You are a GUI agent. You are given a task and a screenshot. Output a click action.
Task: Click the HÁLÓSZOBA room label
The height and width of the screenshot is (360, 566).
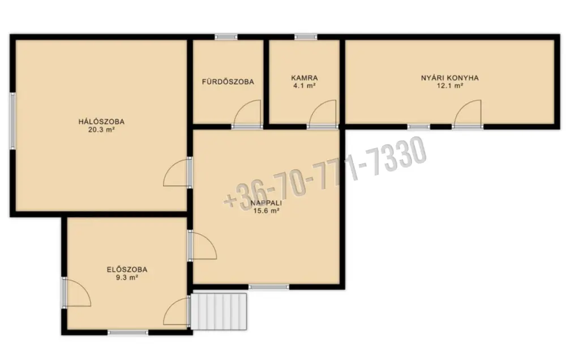101,122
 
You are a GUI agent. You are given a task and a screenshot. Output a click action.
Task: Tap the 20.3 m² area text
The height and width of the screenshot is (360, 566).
101,130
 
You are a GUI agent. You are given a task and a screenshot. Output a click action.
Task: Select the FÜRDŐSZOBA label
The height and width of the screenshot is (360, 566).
228,82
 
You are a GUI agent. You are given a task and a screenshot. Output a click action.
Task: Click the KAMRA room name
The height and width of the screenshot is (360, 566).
305,78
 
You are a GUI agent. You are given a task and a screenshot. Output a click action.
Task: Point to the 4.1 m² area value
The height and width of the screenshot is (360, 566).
305,85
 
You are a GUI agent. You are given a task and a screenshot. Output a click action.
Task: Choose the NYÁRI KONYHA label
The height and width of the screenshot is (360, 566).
450,78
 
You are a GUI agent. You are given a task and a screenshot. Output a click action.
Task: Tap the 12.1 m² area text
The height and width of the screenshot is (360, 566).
450,85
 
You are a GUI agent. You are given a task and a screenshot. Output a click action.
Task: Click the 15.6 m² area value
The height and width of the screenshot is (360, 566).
267,211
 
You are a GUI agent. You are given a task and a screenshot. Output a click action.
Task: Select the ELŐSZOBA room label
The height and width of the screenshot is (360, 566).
127,269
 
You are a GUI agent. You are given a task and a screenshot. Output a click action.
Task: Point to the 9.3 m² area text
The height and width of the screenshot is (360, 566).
127,278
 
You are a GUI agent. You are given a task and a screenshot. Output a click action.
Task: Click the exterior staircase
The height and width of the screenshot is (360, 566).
218,311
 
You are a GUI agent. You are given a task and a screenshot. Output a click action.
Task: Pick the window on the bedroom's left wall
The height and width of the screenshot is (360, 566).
12,121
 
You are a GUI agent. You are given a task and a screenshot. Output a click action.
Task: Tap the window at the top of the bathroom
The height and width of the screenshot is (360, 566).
226,36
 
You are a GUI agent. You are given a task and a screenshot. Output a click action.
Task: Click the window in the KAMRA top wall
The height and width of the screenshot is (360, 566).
306,36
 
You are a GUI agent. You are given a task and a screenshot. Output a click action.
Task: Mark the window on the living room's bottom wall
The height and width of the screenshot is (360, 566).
268,287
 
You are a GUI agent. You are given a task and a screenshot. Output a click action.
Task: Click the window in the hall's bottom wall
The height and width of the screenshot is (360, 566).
128,332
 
